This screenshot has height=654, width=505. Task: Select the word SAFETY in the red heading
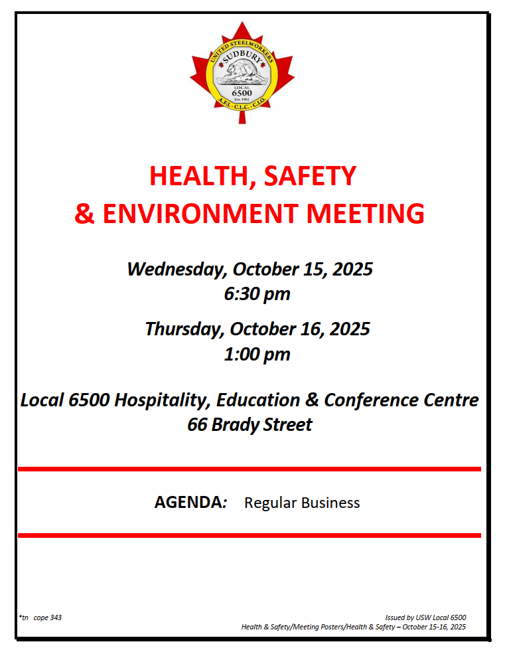[x=311, y=176]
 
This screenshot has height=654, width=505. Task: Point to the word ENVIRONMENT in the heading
[x=198, y=214]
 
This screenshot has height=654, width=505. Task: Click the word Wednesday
[x=177, y=270]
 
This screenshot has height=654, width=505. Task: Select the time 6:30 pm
[x=257, y=294]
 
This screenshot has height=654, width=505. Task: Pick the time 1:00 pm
[x=257, y=354]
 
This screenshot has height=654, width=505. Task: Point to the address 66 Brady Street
[x=250, y=425]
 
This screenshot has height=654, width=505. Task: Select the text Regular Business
[x=302, y=503]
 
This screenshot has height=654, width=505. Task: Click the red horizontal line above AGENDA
[x=250, y=469]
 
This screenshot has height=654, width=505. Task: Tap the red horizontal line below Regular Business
[x=250, y=535]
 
